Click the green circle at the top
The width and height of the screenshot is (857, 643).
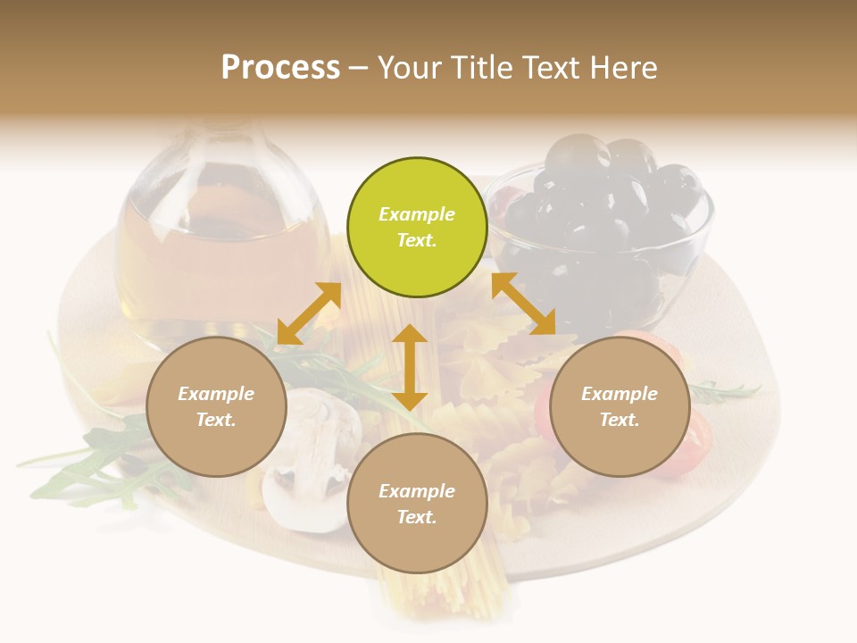pos(417,228)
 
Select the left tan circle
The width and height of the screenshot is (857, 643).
pos(216,406)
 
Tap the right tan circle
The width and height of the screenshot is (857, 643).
pos(620,406)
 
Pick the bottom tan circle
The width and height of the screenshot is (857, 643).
pos(417,504)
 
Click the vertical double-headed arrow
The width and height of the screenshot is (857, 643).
pos(410,367)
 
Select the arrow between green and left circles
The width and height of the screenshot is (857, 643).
pos(309,313)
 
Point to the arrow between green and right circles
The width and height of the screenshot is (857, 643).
pos(523,304)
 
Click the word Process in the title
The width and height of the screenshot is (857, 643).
pos(280,67)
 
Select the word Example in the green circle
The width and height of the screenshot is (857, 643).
pos(417,214)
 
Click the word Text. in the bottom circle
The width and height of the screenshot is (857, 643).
pos(417,517)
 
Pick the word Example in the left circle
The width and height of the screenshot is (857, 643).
pos(216,394)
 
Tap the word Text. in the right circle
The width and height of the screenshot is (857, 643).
pos(620,420)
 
